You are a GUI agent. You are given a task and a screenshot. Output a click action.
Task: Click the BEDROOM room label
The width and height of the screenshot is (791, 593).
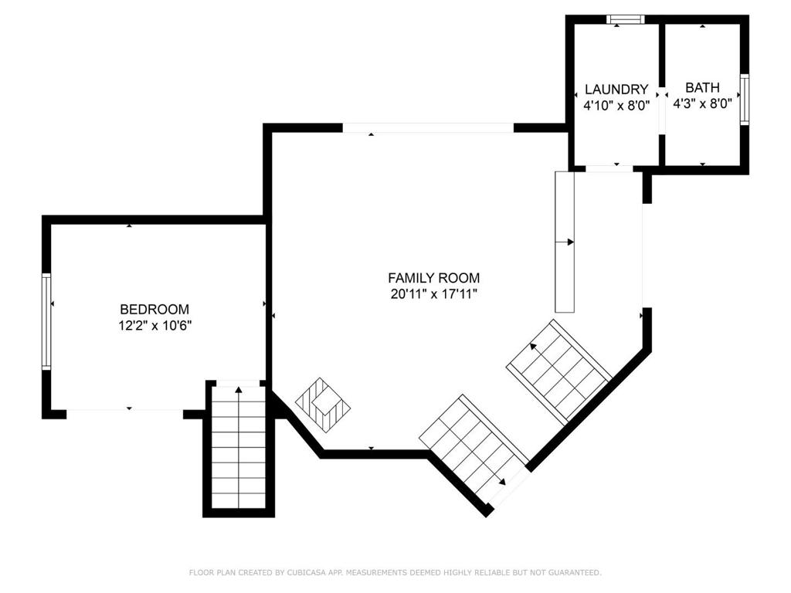[x=154, y=309]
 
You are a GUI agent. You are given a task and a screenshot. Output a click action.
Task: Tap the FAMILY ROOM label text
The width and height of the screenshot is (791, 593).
[x=434, y=278]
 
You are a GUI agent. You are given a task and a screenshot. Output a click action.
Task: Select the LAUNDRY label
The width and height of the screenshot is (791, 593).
[x=616, y=90]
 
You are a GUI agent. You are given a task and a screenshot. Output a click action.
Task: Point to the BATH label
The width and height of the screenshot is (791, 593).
[x=702, y=87]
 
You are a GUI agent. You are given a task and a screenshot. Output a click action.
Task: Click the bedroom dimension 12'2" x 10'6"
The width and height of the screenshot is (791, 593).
[x=154, y=326]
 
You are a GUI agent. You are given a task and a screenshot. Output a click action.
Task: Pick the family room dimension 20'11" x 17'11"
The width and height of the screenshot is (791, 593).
[x=434, y=294]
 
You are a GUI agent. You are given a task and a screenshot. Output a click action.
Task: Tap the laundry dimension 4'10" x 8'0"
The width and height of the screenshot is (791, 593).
[x=616, y=106]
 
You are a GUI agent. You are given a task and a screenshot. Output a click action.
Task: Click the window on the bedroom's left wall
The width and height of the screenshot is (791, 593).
[x=46, y=321]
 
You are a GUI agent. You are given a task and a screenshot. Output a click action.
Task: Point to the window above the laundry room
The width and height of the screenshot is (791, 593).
[x=626, y=19]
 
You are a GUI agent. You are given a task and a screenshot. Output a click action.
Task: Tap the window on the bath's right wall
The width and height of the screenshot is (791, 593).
[x=745, y=99]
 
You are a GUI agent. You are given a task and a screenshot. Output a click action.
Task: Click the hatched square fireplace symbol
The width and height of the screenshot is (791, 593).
[x=324, y=403]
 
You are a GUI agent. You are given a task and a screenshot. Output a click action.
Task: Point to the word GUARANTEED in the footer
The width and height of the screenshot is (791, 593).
[x=575, y=572]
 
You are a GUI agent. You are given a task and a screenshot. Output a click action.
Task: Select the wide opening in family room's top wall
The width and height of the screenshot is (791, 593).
[x=428, y=127]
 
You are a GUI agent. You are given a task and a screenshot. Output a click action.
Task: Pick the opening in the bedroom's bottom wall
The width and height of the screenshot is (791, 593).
[x=124, y=414]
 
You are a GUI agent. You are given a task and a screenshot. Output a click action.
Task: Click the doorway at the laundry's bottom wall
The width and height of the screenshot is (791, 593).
[x=609, y=169]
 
